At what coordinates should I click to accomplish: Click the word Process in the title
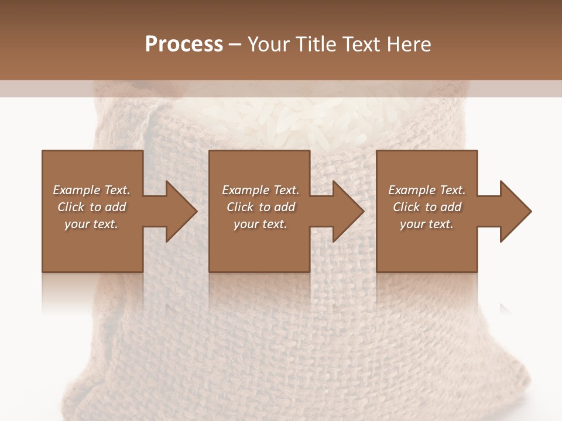[x=184, y=44]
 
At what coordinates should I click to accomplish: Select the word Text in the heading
[x=359, y=44]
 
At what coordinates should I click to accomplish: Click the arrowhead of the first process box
[x=179, y=211]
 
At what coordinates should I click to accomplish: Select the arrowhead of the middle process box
[x=346, y=211]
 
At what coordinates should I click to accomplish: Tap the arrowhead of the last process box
[x=513, y=211]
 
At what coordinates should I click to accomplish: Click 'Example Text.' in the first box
[x=91, y=190]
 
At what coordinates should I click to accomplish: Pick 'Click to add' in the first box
[x=91, y=207]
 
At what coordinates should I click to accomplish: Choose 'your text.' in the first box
[x=91, y=224]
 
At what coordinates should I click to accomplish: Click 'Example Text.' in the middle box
[x=261, y=190]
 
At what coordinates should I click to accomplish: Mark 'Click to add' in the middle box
[x=261, y=207]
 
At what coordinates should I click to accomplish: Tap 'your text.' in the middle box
[x=261, y=224]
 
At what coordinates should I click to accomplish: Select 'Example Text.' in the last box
[x=427, y=190]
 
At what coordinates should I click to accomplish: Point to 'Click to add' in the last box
[x=427, y=207]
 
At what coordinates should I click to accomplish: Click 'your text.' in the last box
[x=427, y=224]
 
